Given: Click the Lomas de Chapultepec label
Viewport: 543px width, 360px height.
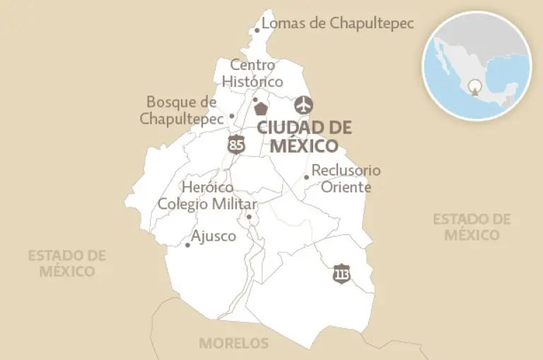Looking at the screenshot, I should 337,23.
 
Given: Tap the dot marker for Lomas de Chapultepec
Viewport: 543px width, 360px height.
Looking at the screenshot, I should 257,30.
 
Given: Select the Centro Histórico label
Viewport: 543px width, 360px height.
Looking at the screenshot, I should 252,74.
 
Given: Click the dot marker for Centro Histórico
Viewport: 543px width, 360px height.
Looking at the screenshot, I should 255,100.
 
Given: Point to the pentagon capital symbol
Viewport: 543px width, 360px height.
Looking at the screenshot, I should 262,108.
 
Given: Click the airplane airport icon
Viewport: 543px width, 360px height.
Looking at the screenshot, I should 304,105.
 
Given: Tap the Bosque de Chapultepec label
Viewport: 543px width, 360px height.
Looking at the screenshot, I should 182,110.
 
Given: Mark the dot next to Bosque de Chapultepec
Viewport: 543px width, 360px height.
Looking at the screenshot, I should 232,116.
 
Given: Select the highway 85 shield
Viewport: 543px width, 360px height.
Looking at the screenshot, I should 237,145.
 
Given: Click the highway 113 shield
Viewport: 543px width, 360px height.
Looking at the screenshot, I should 341,273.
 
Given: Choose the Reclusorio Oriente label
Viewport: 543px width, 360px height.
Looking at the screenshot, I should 346,178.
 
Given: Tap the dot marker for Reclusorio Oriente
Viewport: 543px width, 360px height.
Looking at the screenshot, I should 306,177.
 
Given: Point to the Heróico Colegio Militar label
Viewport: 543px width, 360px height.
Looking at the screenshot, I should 207,196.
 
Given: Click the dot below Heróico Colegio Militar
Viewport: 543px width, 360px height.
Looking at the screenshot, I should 249,217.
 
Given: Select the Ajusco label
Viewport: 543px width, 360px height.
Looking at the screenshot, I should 214,236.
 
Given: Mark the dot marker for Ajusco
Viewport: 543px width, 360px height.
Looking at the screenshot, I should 187,245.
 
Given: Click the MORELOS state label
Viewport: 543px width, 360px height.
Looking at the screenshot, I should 234,344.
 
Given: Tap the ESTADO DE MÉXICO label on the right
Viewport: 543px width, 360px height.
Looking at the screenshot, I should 472,226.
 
